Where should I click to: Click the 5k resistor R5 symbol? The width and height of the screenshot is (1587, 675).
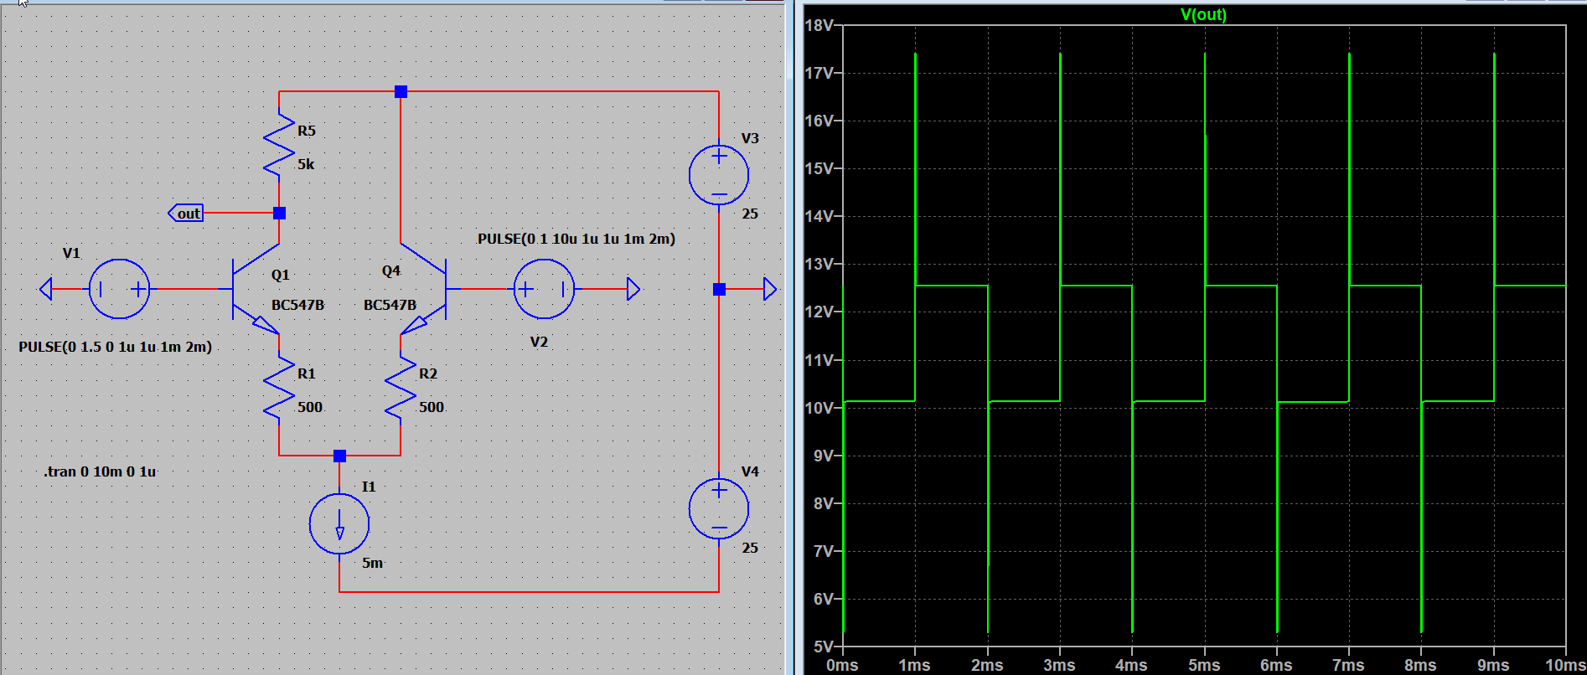pos(279,147)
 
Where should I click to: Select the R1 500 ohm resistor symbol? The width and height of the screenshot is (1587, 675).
pos(279,389)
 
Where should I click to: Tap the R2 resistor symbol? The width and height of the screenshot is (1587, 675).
pos(401,389)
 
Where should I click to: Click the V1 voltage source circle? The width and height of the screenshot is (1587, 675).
pos(119,289)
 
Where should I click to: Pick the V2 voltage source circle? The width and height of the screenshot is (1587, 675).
pos(544,289)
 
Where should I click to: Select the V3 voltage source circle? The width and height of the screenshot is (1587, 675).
pos(719,175)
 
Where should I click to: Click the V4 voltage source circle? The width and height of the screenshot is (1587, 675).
pos(719,508)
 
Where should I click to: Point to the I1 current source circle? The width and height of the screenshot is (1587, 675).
pos(339,523)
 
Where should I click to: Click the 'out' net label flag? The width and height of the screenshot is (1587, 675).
pos(186,214)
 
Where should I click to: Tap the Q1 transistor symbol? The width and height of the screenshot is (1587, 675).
pos(256,289)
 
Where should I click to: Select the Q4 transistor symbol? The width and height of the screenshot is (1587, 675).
pos(424,289)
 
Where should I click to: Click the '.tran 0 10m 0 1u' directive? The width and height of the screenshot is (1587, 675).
pos(100,471)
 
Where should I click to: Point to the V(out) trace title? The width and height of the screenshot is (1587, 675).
pos(1203,14)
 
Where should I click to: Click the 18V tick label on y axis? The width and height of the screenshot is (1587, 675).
pos(819,25)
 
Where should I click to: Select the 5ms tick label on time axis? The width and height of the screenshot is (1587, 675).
pos(1204,665)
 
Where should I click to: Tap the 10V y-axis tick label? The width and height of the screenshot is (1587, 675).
pos(819,408)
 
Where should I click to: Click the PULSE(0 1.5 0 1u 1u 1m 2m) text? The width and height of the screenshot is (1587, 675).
pos(116,347)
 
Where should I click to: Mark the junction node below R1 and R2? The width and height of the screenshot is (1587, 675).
pos(339,456)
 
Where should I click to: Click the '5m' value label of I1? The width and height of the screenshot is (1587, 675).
pos(373,563)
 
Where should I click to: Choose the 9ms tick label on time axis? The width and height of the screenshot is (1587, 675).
pos(1493,665)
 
